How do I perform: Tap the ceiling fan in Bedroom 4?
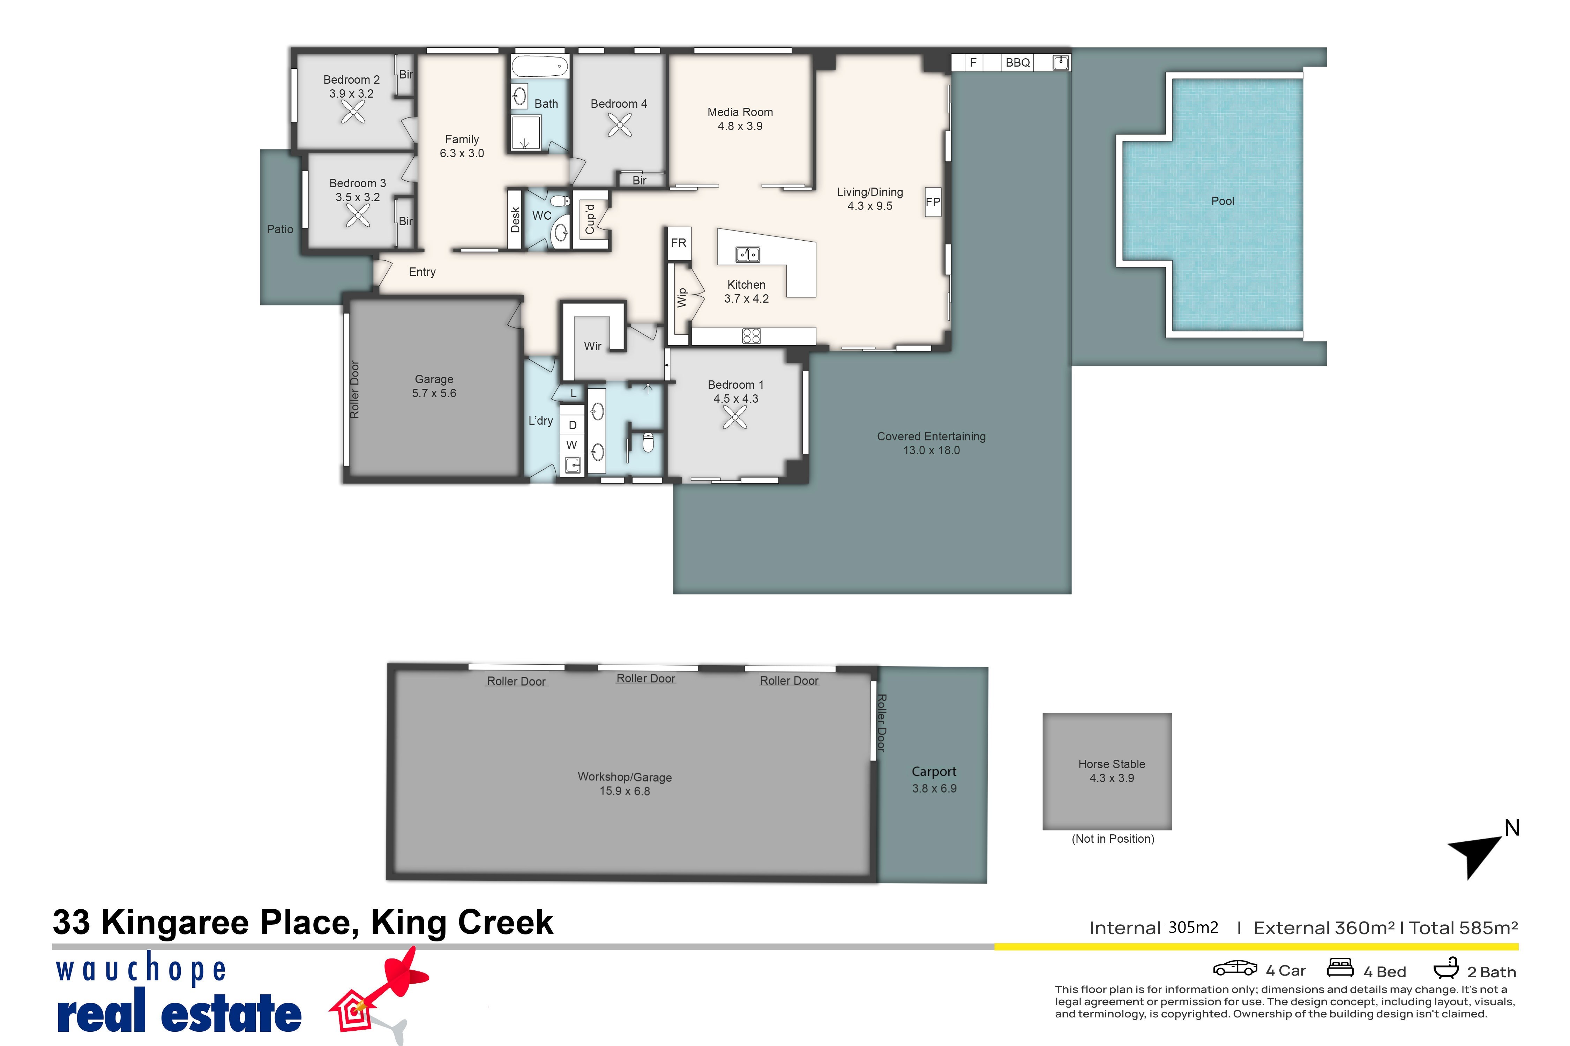(x=620, y=125)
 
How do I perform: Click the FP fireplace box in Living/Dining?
(x=933, y=202)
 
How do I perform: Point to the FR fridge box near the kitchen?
(x=678, y=243)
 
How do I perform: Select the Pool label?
(x=1222, y=201)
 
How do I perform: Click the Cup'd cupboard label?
(x=589, y=219)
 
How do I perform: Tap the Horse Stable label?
(x=1112, y=764)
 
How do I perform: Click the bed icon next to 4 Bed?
(x=1340, y=967)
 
